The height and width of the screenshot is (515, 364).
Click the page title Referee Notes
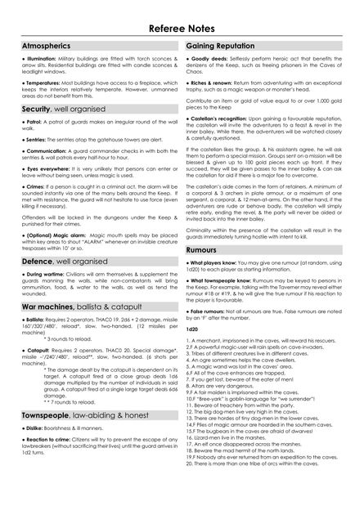click(x=182, y=28)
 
